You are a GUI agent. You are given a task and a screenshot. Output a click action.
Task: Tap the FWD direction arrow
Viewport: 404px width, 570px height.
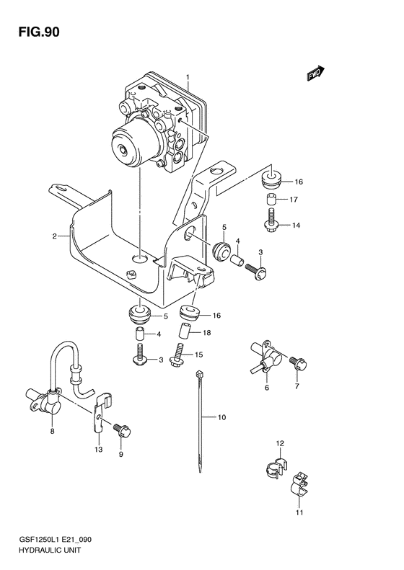click(315, 73)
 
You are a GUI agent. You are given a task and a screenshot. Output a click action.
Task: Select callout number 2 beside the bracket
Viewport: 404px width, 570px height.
click(54, 236)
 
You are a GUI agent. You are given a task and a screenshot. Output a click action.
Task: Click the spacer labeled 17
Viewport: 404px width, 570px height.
click(269, 200)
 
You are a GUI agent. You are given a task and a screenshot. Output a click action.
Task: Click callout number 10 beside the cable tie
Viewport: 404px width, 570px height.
click(222, 417)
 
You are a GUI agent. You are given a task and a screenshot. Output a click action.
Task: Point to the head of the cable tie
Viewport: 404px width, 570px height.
click(196, 373)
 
